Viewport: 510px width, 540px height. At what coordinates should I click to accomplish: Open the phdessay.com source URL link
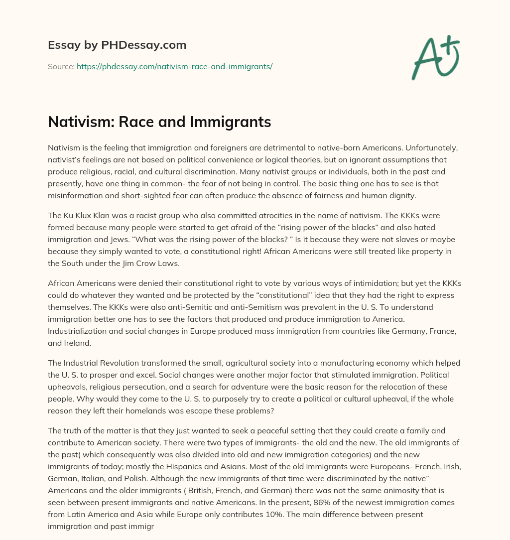174,66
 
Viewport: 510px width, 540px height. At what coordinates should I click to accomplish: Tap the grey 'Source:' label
61,66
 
